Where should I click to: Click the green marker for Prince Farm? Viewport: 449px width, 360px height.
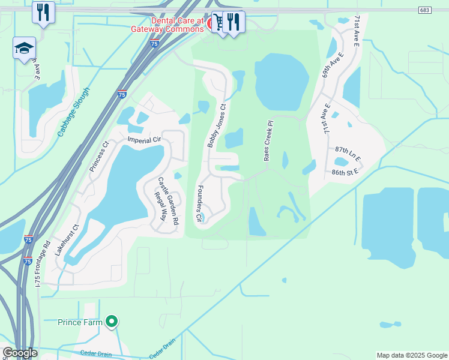click(x=111, y=322)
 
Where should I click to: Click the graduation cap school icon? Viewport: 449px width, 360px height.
click(x=24, y=48)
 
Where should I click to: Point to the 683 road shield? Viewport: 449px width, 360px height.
click(x=424, y=10)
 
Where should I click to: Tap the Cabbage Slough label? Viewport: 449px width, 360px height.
click(x=74, y=112)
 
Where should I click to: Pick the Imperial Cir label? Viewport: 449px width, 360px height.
click(x=145, y=140)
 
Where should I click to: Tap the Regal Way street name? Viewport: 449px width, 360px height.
click(x=159, y=207)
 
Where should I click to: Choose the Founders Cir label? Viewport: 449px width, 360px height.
click(x=198, y=205)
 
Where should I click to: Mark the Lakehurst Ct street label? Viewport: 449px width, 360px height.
click(x=67, y=241)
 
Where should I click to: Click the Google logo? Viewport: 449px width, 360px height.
click(x=20, y=353)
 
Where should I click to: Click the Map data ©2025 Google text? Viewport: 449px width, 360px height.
click(x=412, y=355)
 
